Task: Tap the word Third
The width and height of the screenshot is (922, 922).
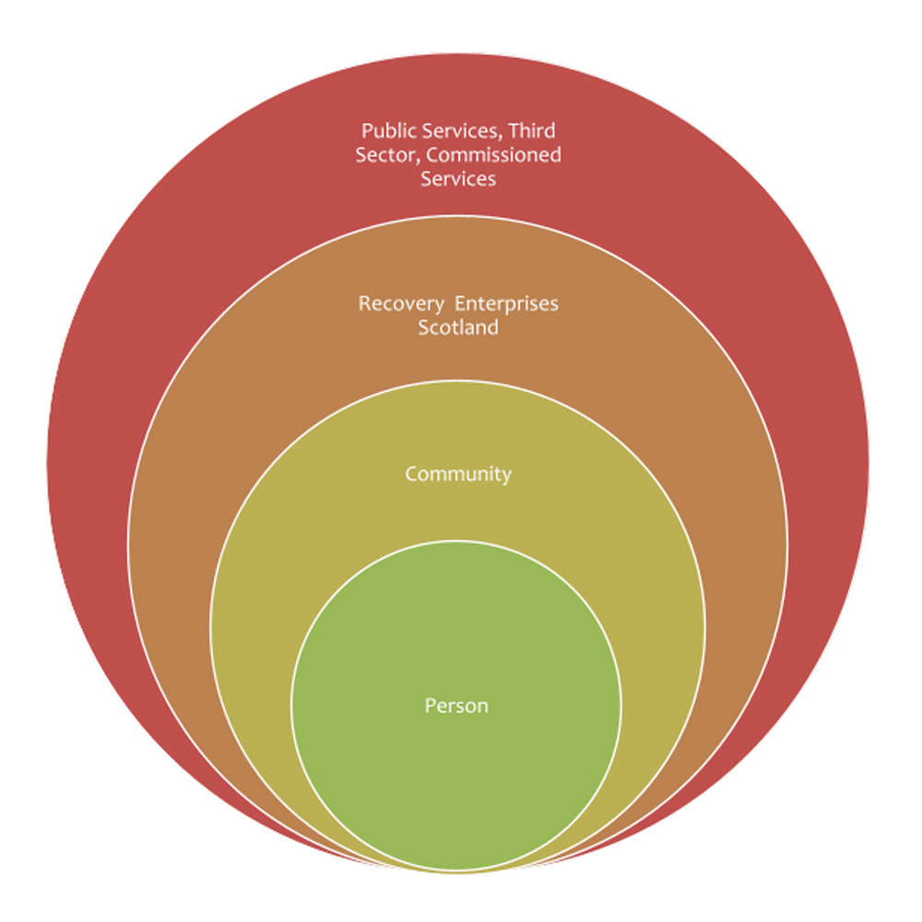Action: pos(532,130)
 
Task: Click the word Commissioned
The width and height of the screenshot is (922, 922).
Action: pos(493,155)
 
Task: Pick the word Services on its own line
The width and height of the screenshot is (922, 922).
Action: pos(458,179)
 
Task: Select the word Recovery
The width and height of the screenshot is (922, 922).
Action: pos(401,304)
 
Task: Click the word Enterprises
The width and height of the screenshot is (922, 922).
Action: pos(506,304)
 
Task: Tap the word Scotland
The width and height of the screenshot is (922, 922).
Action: pos(458,327)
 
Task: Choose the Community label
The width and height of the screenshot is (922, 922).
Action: pos(458,474)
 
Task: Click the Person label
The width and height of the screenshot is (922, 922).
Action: pos(456,705)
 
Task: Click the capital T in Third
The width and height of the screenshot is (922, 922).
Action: pos(514,131)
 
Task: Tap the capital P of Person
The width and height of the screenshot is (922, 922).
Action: pos(431,705)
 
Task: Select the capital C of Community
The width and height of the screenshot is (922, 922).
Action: pos(411,474)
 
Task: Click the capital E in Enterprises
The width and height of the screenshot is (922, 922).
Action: pos(460,303)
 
